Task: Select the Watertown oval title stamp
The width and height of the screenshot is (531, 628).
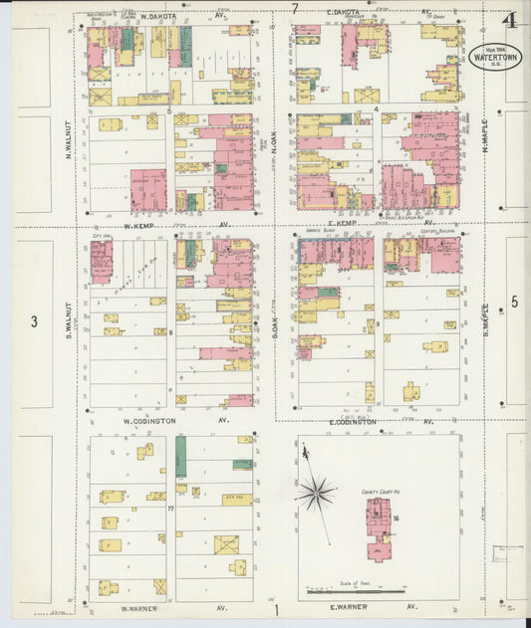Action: click(495, 55)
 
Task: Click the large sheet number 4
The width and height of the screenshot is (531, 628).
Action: click(510, 20)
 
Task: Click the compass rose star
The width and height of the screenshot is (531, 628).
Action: click(317, 491)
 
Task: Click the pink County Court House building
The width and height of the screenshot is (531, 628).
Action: click(378, 527)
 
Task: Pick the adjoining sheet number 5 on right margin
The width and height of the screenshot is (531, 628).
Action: click(514, 301)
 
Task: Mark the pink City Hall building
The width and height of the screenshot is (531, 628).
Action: click(102, 261)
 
